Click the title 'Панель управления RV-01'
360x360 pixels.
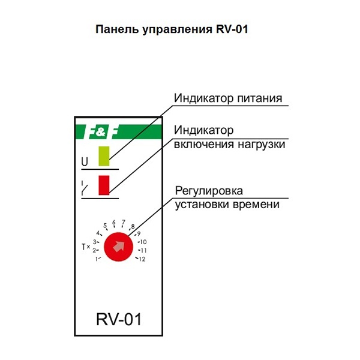(x=172, y=29)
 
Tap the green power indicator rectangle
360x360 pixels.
(x=104, y=155)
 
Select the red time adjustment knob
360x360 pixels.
(x=118, y=246)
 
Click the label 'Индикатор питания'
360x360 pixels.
(x=227, y=98)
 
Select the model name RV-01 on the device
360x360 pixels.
(x=119, y=319)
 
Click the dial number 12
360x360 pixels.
(x=142, y=259)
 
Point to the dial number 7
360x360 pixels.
(x=123, y=222)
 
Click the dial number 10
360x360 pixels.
(x=143, y=242)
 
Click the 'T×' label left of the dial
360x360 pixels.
(x=85, y=247)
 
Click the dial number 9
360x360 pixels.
(x=139, y=233)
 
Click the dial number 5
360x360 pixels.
(x=105, y=226)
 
